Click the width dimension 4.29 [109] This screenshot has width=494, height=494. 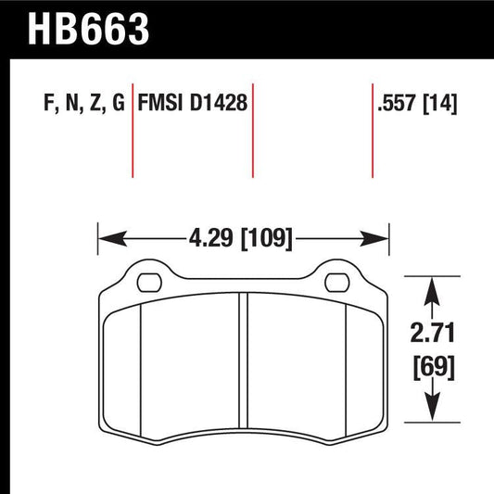pos(243,240)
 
